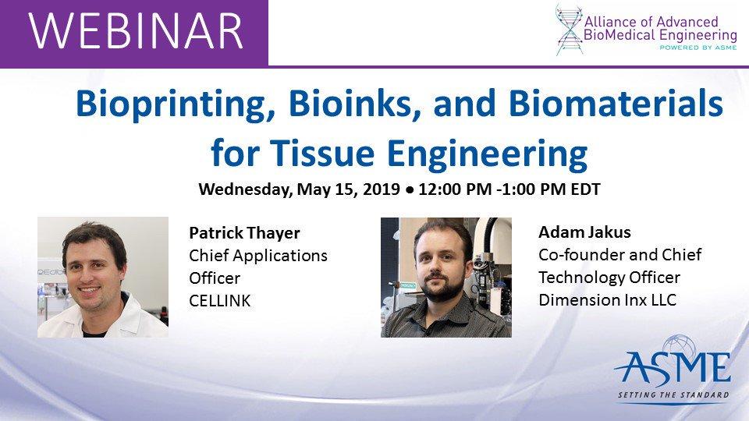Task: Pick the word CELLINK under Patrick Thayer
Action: [220, 300]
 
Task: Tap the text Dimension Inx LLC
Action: [597, 300]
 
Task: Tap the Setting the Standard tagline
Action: [673, 395]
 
